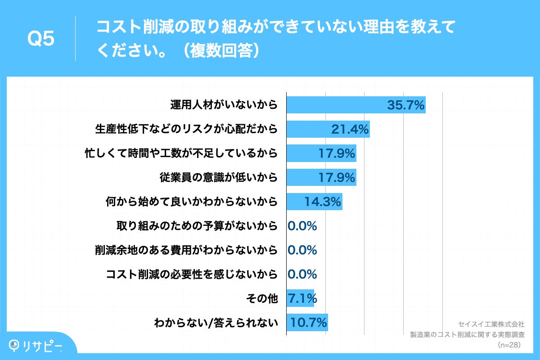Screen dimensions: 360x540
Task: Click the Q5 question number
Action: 40,39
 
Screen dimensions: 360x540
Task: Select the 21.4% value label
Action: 350,130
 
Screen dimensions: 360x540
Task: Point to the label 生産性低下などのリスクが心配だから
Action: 186,130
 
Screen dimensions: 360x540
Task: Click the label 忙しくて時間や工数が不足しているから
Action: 181,153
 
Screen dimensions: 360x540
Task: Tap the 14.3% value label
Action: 323,202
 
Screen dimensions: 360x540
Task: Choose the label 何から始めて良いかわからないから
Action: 191,202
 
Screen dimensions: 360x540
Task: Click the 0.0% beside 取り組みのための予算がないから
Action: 303,226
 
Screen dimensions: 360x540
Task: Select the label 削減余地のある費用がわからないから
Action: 186,250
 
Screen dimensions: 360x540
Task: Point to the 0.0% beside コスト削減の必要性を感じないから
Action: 303,274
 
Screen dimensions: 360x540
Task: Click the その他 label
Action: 262,298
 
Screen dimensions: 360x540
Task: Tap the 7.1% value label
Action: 303,298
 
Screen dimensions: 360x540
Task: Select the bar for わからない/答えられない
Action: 307,323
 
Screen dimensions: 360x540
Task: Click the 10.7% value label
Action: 309,323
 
